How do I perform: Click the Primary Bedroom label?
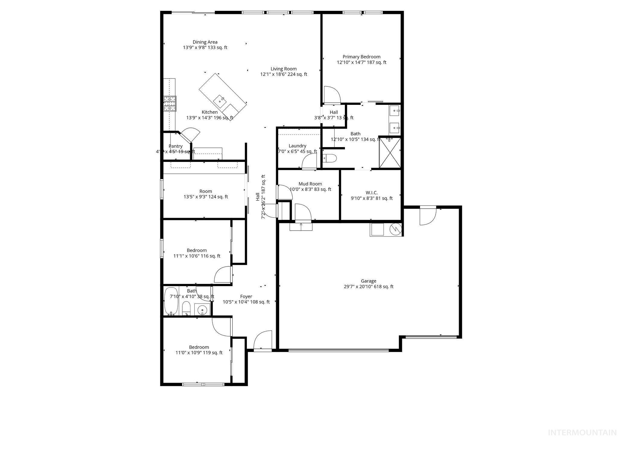(361, 57)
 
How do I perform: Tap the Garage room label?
(368, 281)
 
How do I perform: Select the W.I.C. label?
(371, 193)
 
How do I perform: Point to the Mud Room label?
(310, 184)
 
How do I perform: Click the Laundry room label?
(297, 146)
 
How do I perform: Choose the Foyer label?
(246, 296)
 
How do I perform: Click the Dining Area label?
(205, 42)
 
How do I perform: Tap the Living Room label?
(283, 69)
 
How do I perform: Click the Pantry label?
(175, 146)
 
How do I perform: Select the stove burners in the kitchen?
(170, 104)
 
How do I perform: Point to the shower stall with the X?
(390, 152)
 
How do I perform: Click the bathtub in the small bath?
(171, 301)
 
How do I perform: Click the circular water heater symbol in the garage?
(395, 229)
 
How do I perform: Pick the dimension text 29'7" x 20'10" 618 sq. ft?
(368, 287)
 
